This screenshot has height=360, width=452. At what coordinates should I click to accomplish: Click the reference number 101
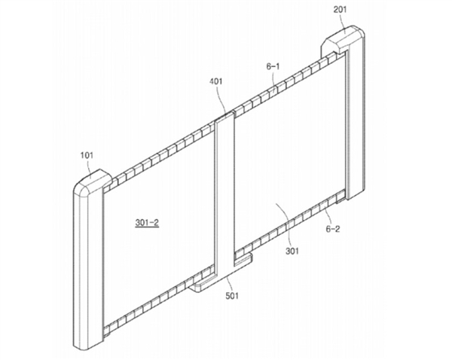point(87,155)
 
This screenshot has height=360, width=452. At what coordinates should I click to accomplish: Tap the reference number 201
point(341,10)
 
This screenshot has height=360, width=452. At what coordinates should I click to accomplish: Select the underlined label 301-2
point(147,222)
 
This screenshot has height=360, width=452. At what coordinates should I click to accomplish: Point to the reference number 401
point(216,81)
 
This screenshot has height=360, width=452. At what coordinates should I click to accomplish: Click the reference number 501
point(232,296)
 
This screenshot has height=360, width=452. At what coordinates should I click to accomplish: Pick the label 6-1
point(273,67)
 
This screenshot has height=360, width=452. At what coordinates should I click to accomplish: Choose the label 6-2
point(333,229)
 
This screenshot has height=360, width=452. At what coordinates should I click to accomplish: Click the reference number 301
point(292,252)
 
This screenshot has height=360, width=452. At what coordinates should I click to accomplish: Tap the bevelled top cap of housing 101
point(92,179)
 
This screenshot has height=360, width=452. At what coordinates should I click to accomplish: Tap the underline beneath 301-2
point(147,227)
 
